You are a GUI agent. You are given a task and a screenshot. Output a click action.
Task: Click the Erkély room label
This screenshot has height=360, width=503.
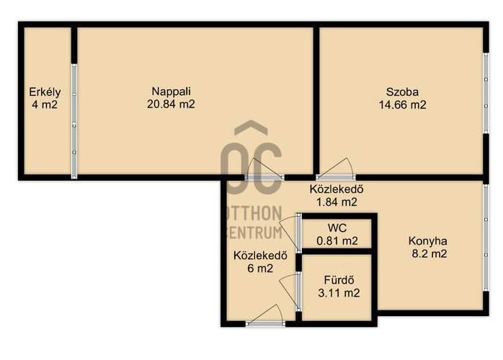pyautogui.click(x=45, y=92)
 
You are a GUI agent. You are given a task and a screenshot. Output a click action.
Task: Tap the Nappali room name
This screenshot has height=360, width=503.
pyautogui.click(x=171, y=91)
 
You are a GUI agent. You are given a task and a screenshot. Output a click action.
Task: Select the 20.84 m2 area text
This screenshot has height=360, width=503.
pyautogui.click(x=171, y=104)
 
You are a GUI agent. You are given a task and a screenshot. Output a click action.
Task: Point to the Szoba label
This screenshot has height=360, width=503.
pyautogui.click(x=402, y=92)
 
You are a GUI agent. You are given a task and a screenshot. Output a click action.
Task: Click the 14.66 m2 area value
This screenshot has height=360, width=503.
pyautogui.click(x=403, y=105)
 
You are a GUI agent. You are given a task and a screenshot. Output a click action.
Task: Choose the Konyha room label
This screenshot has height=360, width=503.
pyautogui.click(x=427, y=241)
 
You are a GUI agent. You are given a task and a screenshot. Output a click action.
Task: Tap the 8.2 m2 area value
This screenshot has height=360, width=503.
pyautogui.click(x=429, y=254)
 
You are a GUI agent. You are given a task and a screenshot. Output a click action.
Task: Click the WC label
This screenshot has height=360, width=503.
pyautogui.click(x=337, y=228)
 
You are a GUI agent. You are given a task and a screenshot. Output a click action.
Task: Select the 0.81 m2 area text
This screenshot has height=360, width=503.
pyautogui.click(x=337, y=240)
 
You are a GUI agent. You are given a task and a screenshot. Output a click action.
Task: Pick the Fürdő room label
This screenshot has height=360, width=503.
pyautogui.click(x=339, y=280)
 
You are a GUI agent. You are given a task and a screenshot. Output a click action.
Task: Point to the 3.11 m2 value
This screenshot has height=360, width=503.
pyautogui.click(x=339, y=293)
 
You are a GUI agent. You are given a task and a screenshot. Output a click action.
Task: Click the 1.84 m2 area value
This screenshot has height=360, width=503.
pyautogui.click(x=337, y=202)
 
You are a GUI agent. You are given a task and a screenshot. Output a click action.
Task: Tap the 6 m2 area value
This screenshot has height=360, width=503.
pyautogui.click(x=260, y=269)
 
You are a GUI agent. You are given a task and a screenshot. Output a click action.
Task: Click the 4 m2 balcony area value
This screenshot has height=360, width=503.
pyautogui.click(x=45, y=105)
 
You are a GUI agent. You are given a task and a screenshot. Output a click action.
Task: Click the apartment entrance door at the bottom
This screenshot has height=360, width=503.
pyautogui.click(x=265, y=317)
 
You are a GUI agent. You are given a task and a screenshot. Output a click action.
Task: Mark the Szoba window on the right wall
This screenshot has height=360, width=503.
pyautogui.click(x=486, y=93)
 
